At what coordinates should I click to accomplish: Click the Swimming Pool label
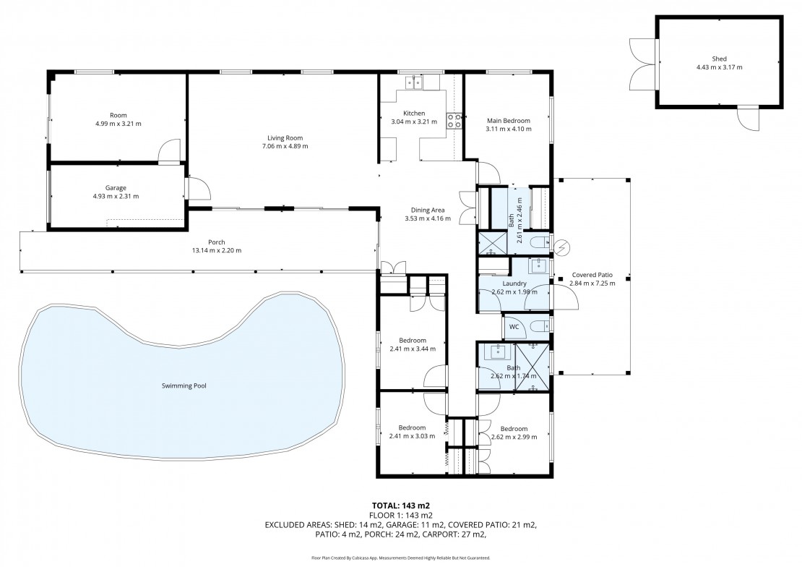pyautogui.click(x=184, y=385)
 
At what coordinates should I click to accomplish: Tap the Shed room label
pyautogui.click(x=719, y=59)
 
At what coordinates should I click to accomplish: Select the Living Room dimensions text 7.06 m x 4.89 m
pyautogui.click(x=285, y=146)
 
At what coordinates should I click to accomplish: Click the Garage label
pyautogui.click(x=116, y=188)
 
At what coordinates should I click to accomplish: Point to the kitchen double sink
pyautogui.click(x=414, y=82)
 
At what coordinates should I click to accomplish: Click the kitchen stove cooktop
pyautogui.click(x=454, y=120)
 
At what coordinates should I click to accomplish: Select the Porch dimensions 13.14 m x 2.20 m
pyautogui.click(x=216, y=250)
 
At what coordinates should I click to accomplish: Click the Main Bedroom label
pyautogui.click(x=509, y=121)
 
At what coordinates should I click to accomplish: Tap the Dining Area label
pyautogui.click(x=428, y=210)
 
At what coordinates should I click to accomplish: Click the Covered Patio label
pyautogui.click(x=592, y=275)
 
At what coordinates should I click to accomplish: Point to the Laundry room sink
pyautogui.click(x=539, y=266)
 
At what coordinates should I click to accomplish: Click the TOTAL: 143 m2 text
pyautogui.click(x=400, y=506)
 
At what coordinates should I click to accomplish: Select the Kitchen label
pyautogui.click(x=414, y=114)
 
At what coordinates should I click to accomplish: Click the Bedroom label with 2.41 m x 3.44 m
pyautogui.click(x=413, y=341)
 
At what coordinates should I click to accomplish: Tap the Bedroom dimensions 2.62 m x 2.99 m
pyautogui.click(x=514, y=437)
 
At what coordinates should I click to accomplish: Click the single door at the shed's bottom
pyautogui.click(x=747, y=119)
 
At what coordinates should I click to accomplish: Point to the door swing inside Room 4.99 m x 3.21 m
pyautogui.click(x=169, y=151)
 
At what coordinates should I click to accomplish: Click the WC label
pyautogui.click(x=514, y=327)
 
